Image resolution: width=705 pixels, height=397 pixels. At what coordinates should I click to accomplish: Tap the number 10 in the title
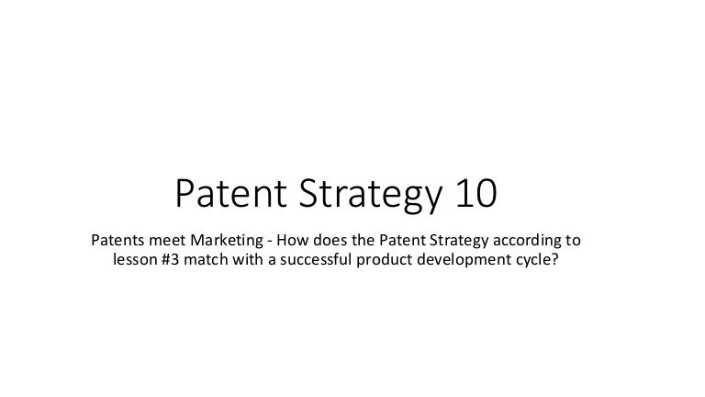click(474, 194)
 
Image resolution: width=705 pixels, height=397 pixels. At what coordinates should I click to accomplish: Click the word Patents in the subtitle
click(118, 242)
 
